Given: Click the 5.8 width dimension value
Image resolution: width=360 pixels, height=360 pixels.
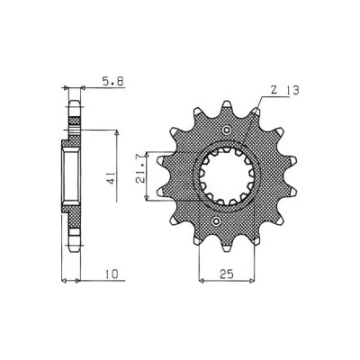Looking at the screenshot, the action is (113, 82).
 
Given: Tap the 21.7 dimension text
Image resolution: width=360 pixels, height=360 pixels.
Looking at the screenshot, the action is (140, 173).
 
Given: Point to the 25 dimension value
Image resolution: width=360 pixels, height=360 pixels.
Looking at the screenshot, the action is (227, 274).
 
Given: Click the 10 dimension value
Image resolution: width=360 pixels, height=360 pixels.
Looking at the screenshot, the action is (112, 274).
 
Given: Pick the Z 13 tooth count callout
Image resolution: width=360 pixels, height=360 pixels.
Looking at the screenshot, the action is (284, 91).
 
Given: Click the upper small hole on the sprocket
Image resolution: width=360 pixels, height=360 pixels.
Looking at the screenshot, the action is (227, 130).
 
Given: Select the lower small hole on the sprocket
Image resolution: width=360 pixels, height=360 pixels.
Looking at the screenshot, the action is (216, 221).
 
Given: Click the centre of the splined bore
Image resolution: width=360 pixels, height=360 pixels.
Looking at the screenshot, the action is (227, 175).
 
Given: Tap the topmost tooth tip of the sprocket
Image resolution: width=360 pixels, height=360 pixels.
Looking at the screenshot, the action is (227, 103).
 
